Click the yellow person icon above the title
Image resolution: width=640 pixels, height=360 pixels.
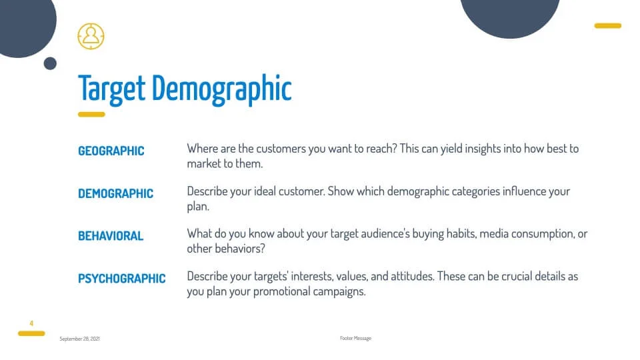[x=91, y=36]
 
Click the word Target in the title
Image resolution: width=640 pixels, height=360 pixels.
[x=111, y=89]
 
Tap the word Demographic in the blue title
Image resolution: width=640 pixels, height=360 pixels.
[x=221, y=89]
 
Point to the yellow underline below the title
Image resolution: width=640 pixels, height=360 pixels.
[x=91, y=114]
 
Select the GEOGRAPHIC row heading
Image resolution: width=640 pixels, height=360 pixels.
[x=111, y=151]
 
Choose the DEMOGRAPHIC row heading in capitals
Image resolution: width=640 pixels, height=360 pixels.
[x=115, y=193]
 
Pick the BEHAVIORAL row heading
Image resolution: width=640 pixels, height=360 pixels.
[x=111, y=236]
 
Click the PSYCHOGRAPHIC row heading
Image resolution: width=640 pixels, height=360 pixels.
[x=121, y=279]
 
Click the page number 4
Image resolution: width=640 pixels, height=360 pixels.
[x=31, y=323]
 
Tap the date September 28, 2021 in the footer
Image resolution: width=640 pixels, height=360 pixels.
[x=79, y=339]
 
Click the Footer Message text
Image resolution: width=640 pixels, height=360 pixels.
[x=355, y=339]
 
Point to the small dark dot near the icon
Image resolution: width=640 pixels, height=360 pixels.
[x=50, y=63]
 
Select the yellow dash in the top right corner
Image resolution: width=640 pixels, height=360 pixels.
[x=608, y=26]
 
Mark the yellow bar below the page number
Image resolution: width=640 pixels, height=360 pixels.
[x=31, y=333]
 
